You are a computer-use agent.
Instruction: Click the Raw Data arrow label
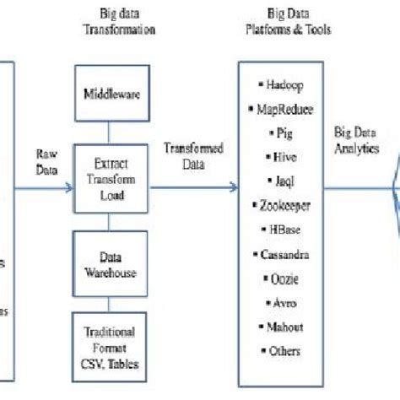(47, 160)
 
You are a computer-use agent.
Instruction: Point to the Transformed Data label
(194, 155)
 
